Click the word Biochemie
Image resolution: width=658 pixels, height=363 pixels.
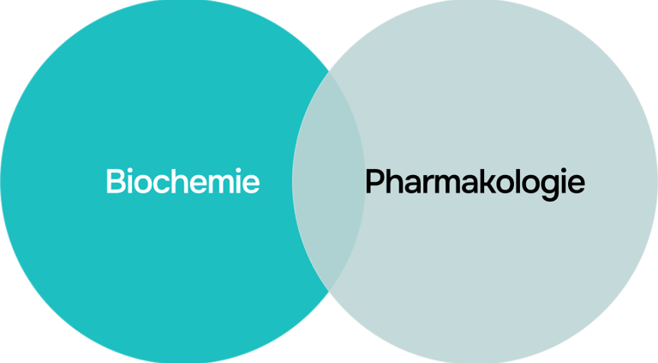tap(182, 182)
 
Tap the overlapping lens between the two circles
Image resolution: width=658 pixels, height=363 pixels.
tap(328, 182)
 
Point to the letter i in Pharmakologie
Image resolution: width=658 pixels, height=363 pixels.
tap(561, 182)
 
